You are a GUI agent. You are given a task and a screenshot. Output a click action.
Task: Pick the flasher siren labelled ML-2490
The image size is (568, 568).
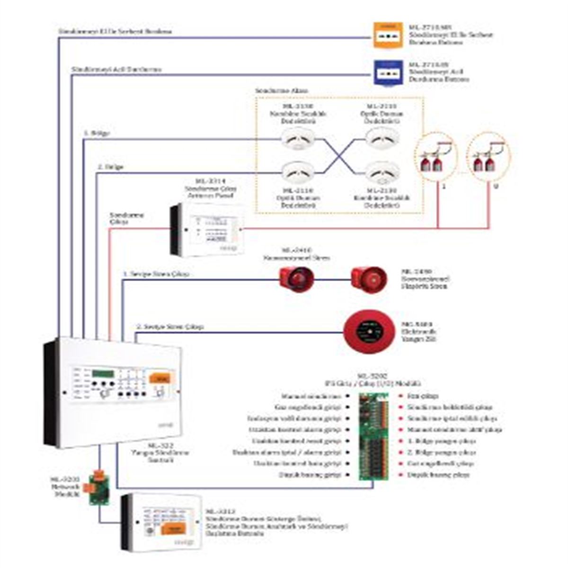368,279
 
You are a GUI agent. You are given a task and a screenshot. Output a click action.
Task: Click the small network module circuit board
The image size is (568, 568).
99,488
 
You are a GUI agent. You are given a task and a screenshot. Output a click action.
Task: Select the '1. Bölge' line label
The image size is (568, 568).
97,133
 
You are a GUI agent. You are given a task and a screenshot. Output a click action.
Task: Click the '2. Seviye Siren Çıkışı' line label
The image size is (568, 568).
170,327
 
